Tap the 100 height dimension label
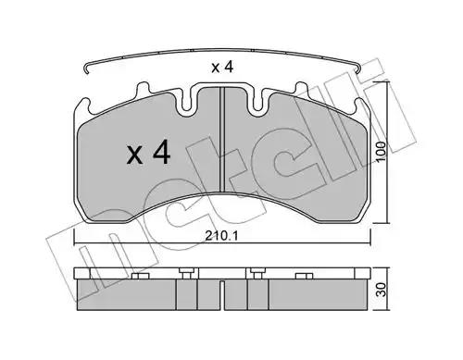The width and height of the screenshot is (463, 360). tap(382, 151)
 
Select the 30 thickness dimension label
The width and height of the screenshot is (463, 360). tap(382, 290)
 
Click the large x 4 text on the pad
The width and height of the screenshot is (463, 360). tap(148, 152)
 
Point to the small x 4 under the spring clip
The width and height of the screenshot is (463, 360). tap(222, 68)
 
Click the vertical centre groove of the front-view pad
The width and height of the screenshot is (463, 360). tap(221, 140)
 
